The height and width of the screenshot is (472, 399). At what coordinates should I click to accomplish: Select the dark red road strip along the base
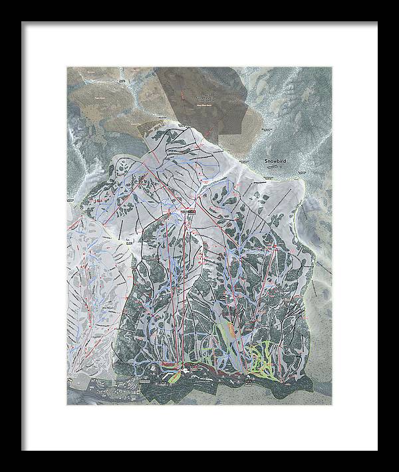(x=213, y=372)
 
